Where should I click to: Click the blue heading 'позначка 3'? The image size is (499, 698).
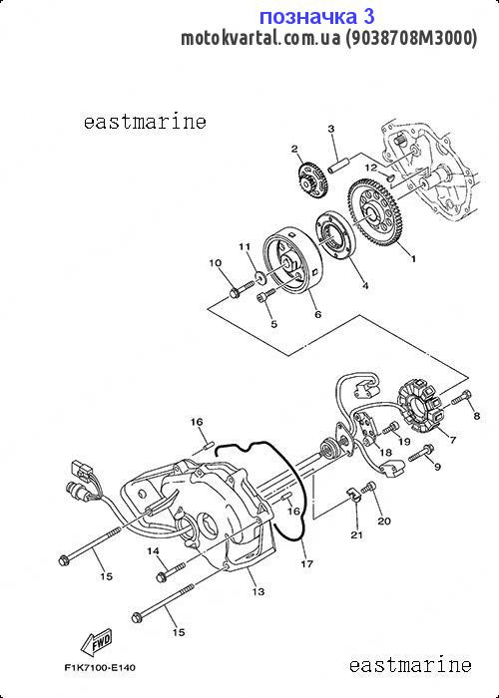(x=316, y=17)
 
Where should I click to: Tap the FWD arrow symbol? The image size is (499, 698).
(x=97, y=642)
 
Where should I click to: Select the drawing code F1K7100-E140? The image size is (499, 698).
(x=100, y=668)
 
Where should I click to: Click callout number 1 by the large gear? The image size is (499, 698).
(x=413, y=258)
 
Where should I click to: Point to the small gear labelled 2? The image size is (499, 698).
(x=312, y=180)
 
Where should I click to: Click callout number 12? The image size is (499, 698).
(x=371, y=168)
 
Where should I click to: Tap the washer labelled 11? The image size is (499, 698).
(x=259, y=278)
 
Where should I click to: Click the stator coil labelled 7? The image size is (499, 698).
(x=419, y=408)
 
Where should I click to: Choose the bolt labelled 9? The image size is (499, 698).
(x=421, y=453)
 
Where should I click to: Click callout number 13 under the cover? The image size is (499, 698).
(x=257, y=591)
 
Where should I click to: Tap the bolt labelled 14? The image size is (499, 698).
(x=171, y=572)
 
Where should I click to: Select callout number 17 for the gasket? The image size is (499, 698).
(x=307, y=564)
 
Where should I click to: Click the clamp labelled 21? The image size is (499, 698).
(x=353, y=494)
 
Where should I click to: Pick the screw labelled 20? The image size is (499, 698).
(x=368, y=488)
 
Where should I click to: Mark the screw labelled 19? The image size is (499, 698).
(x=391, y=428)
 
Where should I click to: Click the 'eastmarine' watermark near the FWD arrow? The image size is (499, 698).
(x=410, y=666)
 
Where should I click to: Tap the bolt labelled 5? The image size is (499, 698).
(x=266, y=295)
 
